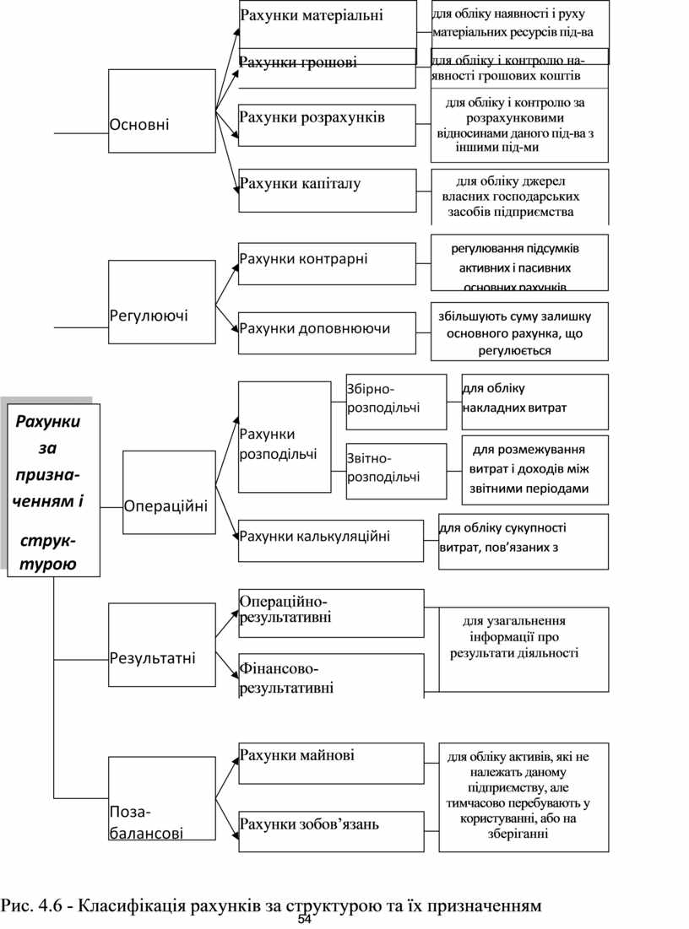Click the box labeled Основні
[161, 110]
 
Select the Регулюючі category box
[161, 302]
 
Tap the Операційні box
[169, 492]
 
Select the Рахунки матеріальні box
[328, 24]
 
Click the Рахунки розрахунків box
[328, 125]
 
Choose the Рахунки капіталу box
[328, 190]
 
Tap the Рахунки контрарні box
[328, 263]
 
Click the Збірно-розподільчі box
[396, 402]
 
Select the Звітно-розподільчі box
[396, 471]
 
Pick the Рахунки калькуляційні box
[331, 540]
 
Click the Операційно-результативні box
[331, 613]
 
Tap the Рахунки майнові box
[331, 763]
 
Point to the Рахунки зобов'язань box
[331, 831]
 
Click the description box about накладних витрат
[534, 402]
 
